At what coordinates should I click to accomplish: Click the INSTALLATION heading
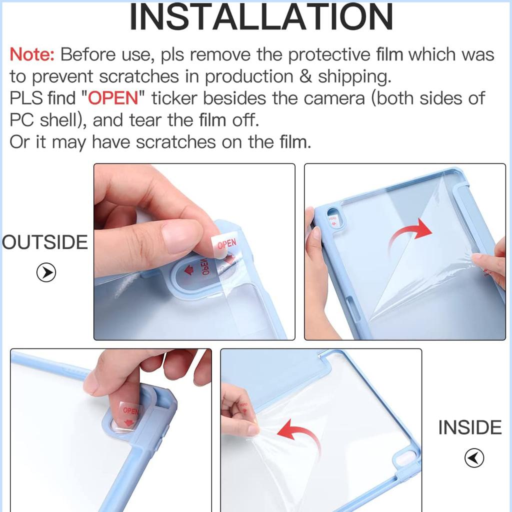point(261,17)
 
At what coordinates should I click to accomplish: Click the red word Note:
point(32,54)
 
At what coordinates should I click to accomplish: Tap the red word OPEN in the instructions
point(113,98)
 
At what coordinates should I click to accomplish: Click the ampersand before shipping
point(305,76)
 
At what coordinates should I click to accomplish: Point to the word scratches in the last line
point(175,142)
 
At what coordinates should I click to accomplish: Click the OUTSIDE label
point(44,242)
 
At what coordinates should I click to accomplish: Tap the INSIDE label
point(469,427)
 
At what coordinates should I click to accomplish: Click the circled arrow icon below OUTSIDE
point(46,272)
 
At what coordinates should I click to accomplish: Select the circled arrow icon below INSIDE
point(474,458)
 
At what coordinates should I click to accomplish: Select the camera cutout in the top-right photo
point(334,217)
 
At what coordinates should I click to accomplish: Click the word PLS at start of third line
point(26,98)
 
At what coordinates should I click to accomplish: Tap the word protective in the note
point(329,54)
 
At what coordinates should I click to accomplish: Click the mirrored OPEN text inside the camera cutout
point(204,266)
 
